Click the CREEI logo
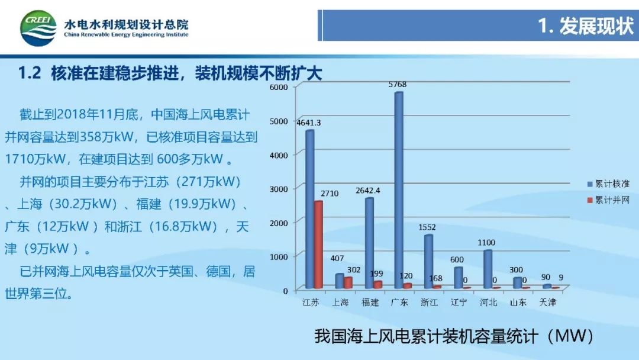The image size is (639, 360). point(38,28)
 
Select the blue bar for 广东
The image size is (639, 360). point(399,189)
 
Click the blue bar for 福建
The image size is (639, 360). point(369,243)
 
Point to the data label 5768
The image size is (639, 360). point(398,85)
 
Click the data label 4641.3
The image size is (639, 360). point(308,123)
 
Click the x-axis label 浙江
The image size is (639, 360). point(429,303)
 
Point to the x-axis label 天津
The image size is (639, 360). point(547,303)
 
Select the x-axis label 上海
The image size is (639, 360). point(340,303)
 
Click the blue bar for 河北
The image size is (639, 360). point(488,269)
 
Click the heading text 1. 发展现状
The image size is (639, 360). point(586,27)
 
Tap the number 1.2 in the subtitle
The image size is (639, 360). point(29,74)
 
